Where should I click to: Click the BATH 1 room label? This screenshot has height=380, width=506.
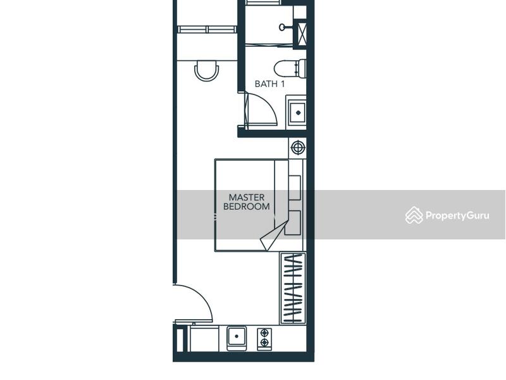coord(269,84)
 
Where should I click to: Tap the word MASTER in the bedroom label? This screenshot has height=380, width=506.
coord(247,198)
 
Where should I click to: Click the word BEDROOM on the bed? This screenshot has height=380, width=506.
coord(247,206)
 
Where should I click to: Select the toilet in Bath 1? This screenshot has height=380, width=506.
coord(290,68)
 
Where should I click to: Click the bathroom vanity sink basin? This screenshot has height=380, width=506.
coord(297,113)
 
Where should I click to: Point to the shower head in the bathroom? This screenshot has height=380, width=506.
coord(285,27)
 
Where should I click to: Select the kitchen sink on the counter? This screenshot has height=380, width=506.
coord(237,338)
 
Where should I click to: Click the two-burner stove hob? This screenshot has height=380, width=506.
coord(264,339)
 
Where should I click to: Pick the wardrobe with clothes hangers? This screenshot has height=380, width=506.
coord(292,288)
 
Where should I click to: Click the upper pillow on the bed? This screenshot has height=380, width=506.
coord(295,187)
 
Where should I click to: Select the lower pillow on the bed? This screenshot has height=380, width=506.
coord(293,223)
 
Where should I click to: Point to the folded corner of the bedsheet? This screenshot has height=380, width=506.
coord(273,236)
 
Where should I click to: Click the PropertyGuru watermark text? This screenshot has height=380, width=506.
coord(457,215)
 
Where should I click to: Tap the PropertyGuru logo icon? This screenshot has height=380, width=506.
coord(414,215)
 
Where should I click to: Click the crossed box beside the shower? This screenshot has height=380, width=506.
coord(302,34)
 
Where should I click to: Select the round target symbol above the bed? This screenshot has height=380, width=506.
coord(298,148)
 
